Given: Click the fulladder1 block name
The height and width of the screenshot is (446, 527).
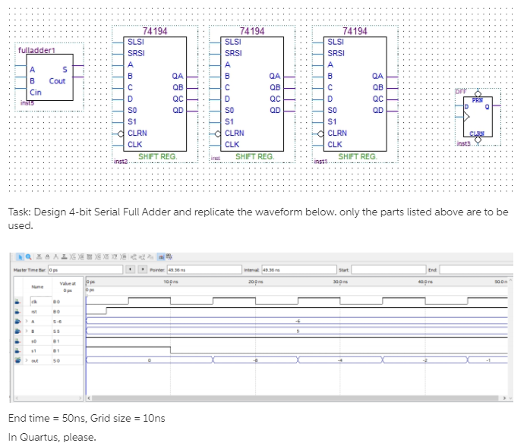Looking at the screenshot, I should (36, 50).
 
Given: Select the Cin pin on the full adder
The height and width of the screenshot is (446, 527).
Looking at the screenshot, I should (35, 91).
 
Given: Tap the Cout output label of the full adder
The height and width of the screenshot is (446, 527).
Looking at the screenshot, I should (57, 81).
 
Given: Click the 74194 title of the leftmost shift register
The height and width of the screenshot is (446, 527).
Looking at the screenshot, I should (155, 31).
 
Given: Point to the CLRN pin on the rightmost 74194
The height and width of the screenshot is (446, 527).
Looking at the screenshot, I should (338, 133).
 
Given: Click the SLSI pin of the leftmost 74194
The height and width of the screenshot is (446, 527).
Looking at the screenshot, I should (136, 42).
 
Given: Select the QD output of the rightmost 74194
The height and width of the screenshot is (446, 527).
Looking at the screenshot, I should (378, 109).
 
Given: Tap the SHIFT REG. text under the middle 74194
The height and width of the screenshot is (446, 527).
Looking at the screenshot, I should (254, 156).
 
